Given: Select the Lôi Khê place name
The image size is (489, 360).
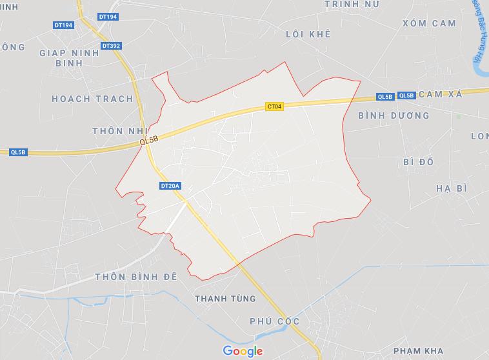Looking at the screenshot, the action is (x=308, y=34).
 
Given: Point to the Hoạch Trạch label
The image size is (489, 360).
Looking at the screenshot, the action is (x=92, y=99).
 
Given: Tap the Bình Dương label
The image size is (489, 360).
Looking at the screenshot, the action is (x=394, y=115).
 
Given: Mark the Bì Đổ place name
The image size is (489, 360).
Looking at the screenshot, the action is (x=418, y=161).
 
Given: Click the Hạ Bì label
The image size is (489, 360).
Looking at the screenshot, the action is (x=451, y=188).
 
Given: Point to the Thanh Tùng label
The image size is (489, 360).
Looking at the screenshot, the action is (x=225, y=299).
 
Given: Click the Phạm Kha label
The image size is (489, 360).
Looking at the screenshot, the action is (x=418, y=350).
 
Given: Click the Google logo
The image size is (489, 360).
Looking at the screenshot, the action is (x=243, y=351).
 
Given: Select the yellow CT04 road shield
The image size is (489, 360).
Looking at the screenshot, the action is (x=274, y=106).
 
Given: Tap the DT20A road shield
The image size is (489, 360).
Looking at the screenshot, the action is (x=170, y=186).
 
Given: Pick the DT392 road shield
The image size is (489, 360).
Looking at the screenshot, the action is (x=111, y=46).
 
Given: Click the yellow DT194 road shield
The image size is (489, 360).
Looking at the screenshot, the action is (x=108, y=16).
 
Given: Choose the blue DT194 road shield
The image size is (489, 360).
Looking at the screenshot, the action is (x=64, y=25).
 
